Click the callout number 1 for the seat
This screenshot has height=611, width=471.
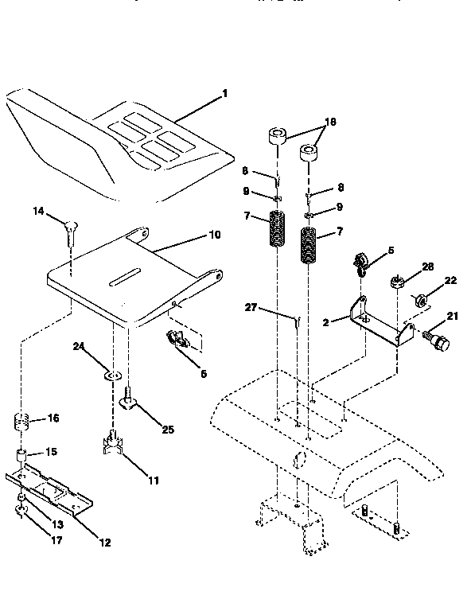click(x=224, y=93)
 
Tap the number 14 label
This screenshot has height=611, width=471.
click(x=38, y=211)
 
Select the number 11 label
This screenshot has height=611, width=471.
click(x=154, y=481)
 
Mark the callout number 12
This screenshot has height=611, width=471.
click(x=104, y=543)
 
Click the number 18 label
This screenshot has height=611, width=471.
click(x=330, y=123)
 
